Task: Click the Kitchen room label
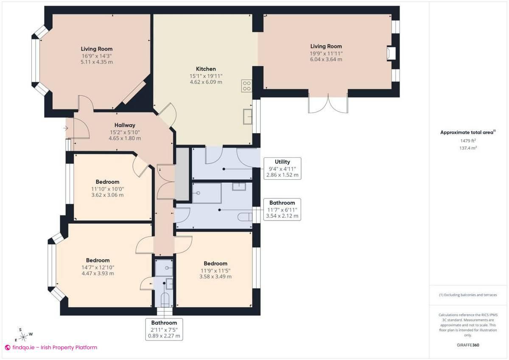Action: pos(206,69)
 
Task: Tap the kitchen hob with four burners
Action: pos(246,86)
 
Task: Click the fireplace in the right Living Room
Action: pos(391,54)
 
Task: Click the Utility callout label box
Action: pos(282,168)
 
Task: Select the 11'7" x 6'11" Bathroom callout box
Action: pos(282,209)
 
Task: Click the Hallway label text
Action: pos(125,125)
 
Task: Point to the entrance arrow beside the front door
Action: pos(66,128)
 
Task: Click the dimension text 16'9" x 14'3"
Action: pos(97,56)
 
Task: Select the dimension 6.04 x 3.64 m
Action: pos(326,59)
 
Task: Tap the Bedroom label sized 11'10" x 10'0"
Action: pos(107,182)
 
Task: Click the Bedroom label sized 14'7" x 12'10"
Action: pos(98,260)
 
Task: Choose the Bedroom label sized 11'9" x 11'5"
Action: pos(215,263)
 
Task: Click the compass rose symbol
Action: pos(24,336)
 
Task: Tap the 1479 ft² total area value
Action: pos(467,140)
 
